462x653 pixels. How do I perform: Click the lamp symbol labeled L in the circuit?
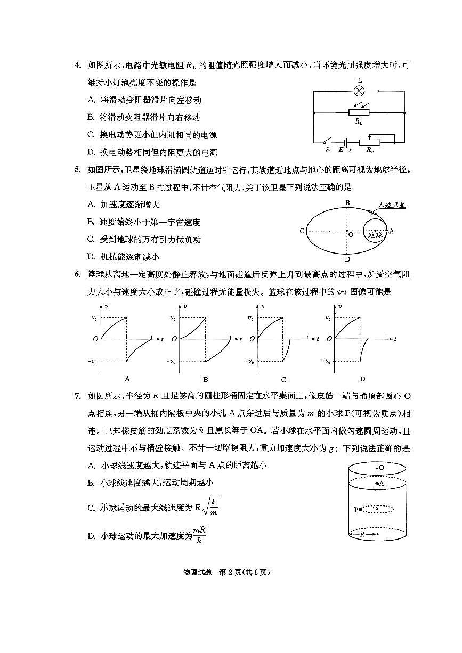click(360, 91)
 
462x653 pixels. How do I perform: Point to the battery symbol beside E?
click(347, 142)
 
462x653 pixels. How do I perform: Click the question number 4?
click(77, 65)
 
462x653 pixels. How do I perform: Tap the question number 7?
click(77, 395)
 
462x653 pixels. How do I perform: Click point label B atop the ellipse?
click(347, 202)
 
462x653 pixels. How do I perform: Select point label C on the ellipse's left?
click(302, 231)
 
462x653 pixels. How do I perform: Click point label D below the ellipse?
click(347, 259)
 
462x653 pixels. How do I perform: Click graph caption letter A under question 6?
click(127, 379)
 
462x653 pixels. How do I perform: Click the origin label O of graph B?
click(173, 339)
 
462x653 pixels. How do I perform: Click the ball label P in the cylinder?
click(356, 510)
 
